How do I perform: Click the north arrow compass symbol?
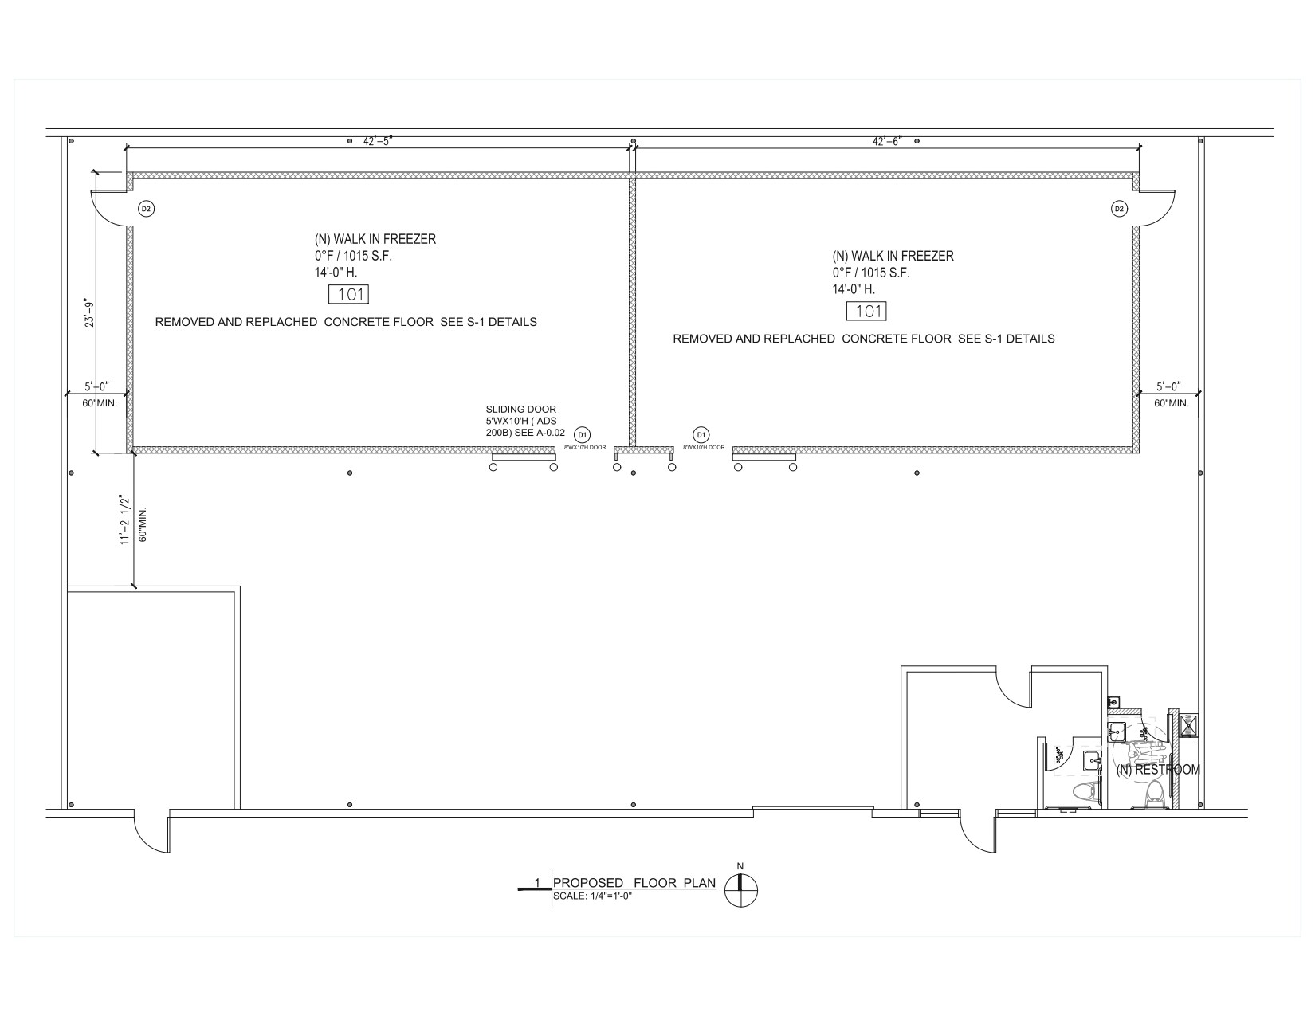pos(741,890)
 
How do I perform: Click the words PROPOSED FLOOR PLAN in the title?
pos(634,883)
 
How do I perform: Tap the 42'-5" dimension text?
pos(379,141)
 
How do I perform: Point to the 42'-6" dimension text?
pos(887,141)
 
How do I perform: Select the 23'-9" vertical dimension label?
pos(90,312)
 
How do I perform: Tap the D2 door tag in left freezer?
pos(146,209)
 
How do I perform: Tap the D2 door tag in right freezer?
pos(1119,209)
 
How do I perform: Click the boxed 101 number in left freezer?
pos(350,295)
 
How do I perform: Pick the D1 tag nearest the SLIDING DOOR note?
pos(583,434)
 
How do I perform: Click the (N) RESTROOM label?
pos(1157,770)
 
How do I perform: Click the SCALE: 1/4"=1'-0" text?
pos(592,896)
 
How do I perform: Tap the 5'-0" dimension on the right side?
pos(1168,386)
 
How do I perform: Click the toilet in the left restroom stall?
pos(1083,791)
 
